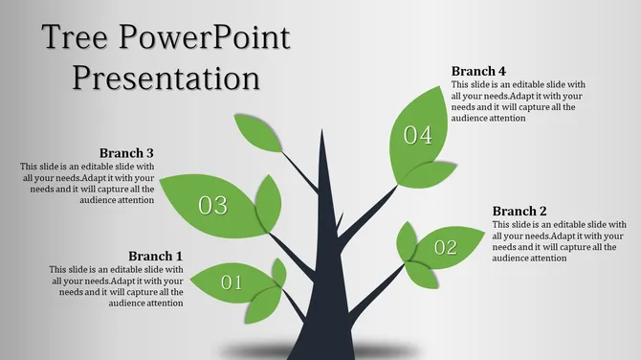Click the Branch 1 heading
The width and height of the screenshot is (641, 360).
tap(155, 256)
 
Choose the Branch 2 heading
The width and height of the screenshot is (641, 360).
tap(519, 211)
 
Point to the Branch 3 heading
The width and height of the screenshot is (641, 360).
tap(126, 152)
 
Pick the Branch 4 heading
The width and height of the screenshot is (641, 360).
tap(478, 71)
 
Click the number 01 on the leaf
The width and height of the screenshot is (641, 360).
tap(232, 282)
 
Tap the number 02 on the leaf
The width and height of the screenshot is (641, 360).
tap(446, 248)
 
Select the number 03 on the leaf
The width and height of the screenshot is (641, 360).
tap(212, 204)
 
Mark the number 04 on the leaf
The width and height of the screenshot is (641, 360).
tap(418, 136)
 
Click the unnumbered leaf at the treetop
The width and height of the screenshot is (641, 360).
tap(256, 131)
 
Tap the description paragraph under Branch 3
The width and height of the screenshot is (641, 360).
tap(87, 183)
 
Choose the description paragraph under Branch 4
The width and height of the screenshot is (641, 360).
tap(518, 101)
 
